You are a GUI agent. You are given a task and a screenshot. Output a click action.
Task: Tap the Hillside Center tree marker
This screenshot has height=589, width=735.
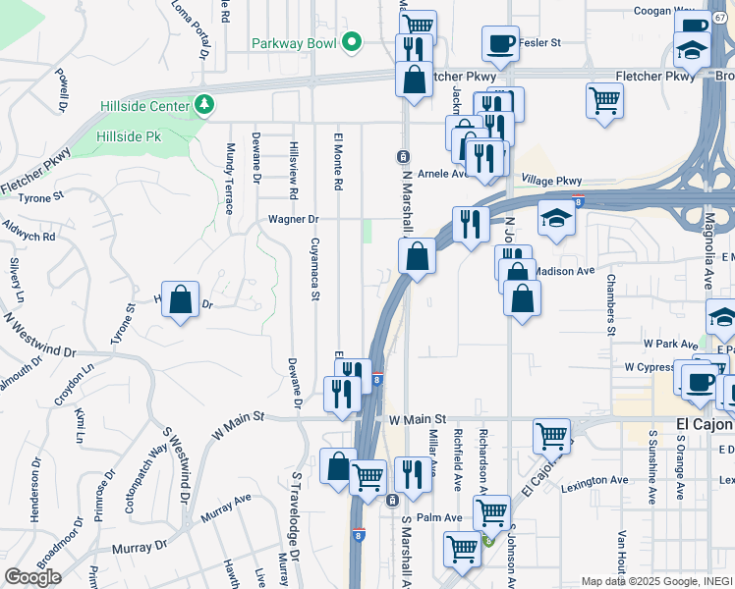(x=204, y=103)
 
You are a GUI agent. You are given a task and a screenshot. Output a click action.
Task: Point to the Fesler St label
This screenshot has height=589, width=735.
(x=539, y=43)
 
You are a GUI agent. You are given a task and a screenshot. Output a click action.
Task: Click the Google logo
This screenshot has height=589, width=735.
(x=32, y=576)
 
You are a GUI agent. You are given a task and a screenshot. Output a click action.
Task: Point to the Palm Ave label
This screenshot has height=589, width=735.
(x=438, y=517)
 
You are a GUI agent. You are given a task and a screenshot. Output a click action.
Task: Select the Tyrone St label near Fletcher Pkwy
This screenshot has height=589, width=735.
(x=42, y=196)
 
